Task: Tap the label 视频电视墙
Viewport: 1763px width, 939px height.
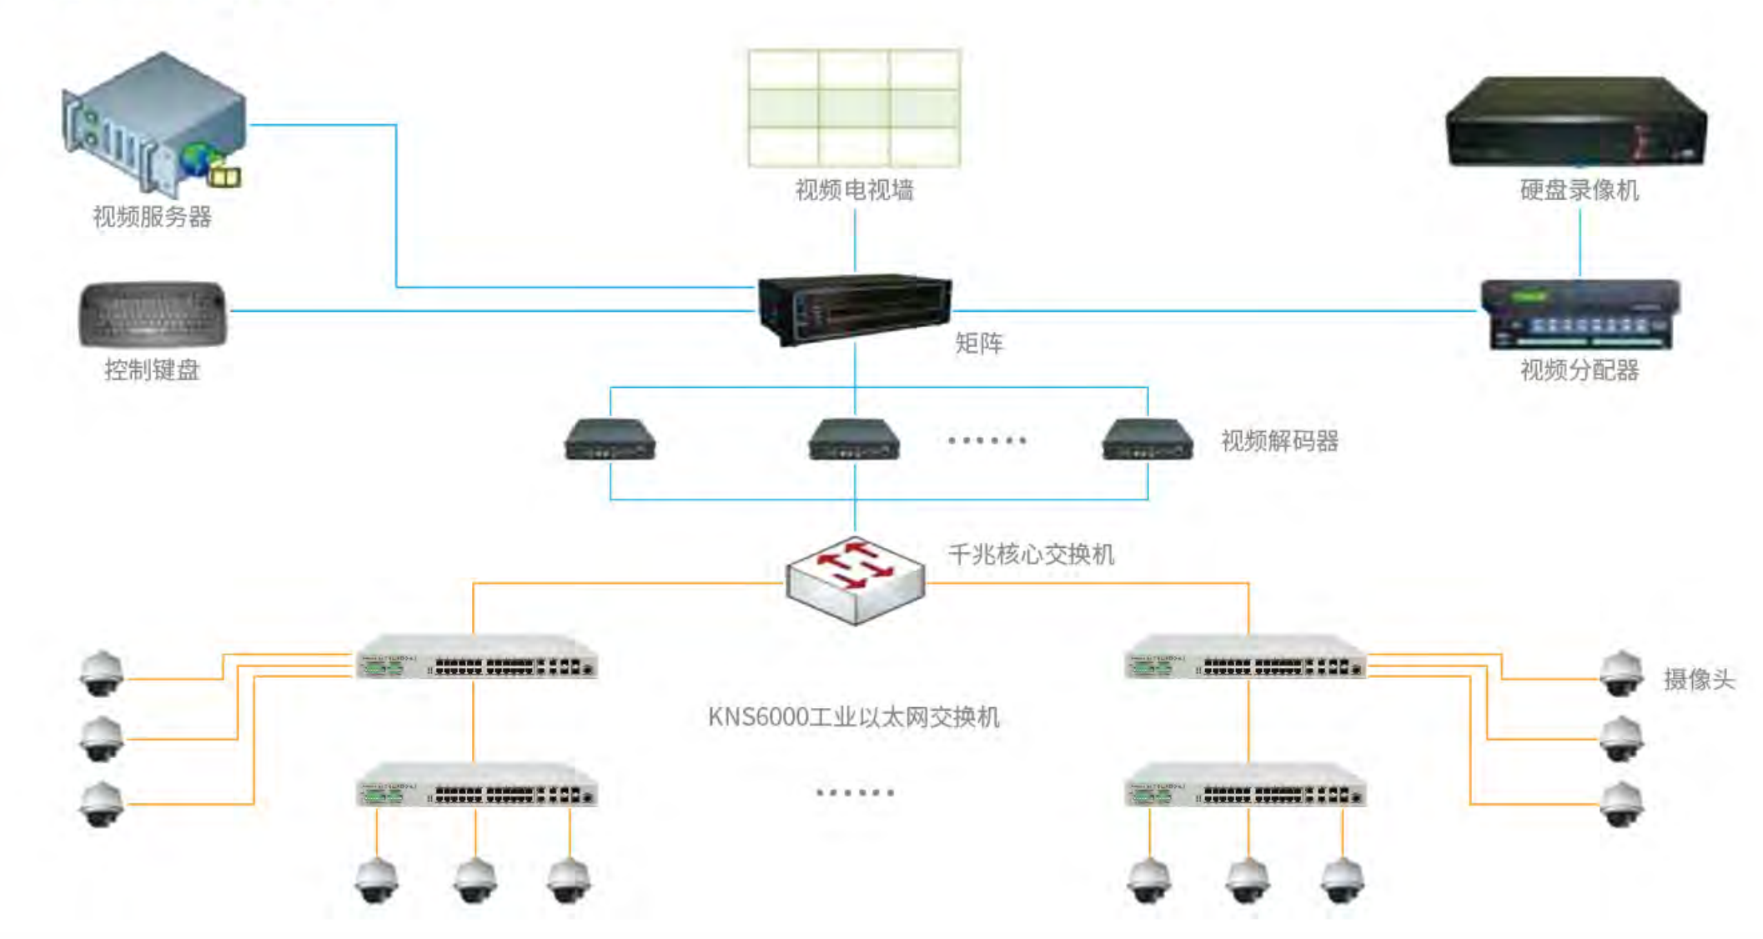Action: point(854,190)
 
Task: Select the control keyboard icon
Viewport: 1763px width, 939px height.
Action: point(153,314)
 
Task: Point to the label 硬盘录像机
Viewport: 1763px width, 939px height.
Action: point(1579,190)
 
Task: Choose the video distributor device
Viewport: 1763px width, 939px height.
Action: point(1580,314)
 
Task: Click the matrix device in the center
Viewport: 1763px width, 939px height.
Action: point(854,307)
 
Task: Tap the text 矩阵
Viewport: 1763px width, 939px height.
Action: point(979,343)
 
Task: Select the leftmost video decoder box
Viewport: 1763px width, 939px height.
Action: point(610,439)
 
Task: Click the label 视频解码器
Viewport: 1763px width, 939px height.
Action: point(1279,440)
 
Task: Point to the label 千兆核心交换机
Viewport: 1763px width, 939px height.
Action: point(1031,554)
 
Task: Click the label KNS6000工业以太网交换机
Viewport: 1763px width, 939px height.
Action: point(853,716)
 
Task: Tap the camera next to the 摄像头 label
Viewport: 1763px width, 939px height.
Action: point(1621,673)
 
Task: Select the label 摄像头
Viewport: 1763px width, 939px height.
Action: point(1698,680)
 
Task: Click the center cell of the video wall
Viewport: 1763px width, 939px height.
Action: point(854,108)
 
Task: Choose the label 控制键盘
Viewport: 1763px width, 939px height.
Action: point(152,369)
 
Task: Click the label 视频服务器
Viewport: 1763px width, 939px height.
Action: point(152,217)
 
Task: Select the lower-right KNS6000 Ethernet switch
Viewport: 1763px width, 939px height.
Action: point(1245,786)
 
